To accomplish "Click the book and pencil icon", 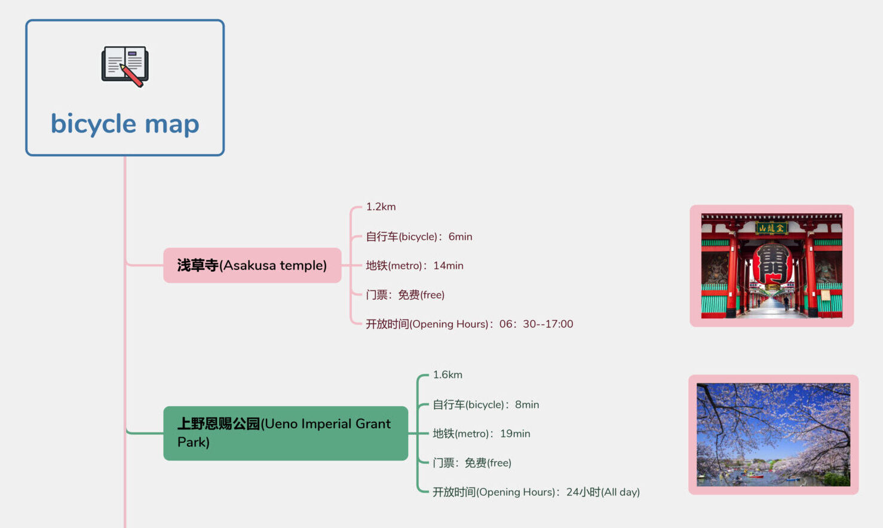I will click(125, 66).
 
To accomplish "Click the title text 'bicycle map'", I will click(125, 124).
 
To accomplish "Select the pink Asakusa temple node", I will click(252, 265).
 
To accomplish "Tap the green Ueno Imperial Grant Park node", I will click(285, 433).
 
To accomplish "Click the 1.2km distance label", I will click(381, 207).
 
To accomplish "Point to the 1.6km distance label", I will click(447, 374).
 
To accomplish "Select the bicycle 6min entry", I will click(419, 237).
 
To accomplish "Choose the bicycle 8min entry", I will click(486, 404).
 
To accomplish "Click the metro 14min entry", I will click(415, 265).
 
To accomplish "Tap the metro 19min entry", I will click(482, 434).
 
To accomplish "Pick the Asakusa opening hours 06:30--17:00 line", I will click(469, 324).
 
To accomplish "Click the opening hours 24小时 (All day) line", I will click(536, 492).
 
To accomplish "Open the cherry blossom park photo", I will click(773, 435).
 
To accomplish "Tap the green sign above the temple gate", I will click(771, 228).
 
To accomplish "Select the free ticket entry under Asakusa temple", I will click(405, 294).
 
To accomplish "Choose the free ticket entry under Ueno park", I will click(472, 463).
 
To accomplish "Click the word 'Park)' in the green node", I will click(194, 443).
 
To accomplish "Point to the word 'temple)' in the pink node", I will click(303, 265).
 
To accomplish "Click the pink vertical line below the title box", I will click(125, 203).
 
